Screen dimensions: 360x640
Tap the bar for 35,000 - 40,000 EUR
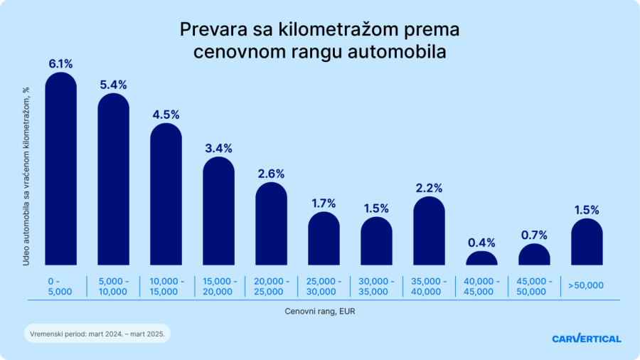429,231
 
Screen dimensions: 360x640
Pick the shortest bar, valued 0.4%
481,258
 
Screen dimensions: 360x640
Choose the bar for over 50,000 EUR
587,242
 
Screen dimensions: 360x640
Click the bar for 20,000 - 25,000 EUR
271,224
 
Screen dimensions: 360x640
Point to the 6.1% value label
61,64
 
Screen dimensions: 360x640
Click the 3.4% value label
218,148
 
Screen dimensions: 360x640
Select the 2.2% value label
429,189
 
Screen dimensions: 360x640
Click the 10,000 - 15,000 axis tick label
166,286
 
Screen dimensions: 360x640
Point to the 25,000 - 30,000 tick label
324,286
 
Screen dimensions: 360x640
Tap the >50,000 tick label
586,286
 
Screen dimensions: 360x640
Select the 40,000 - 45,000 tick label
481,286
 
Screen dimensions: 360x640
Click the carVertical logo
586,339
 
